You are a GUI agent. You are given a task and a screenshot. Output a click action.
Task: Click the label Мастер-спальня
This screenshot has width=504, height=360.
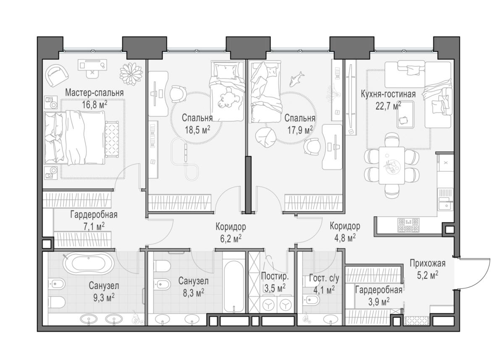pyautogui.click(x=94, y=93)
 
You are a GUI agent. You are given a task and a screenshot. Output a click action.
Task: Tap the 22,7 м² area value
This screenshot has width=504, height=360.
pyautogui.click(x=388, y=105)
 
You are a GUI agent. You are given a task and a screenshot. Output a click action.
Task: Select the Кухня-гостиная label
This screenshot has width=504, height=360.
pyautogui.click(x=388, y=94)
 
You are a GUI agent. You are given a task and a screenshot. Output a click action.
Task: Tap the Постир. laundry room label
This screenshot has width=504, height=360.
pyautogui.click(x=275, y=276)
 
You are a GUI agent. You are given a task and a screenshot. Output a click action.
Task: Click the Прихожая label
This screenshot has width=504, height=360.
pyautogui.click(x=428, y=263)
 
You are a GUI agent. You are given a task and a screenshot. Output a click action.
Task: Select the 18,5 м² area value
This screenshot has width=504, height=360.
pyautogui.click(x=197, y=130)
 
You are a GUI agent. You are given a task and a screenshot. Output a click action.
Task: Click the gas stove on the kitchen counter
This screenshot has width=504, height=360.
pyautogui.click(x=408, y=225)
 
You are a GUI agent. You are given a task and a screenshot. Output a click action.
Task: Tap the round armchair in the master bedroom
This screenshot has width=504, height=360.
pyautogui.click(x=57, y=76)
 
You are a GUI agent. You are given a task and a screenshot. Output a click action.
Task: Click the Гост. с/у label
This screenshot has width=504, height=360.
pyautogui.click(x=324, y=279)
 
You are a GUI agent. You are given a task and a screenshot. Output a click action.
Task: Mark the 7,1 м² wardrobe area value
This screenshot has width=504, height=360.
pyautogui.click(x=94, y=227)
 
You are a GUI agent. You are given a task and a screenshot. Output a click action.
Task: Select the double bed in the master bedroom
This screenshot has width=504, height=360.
pyautogui.click(x=75, y=138)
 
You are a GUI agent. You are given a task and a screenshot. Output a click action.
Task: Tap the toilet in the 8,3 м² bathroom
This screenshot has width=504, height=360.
pyautogui.click(x=162, y=266)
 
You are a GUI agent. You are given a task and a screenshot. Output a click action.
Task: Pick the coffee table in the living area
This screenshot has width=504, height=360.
pyautogui.click(x=405, y=115)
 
